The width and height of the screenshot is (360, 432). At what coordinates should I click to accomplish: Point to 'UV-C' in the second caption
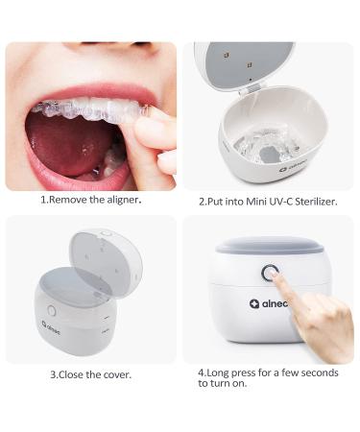tap(276, 203)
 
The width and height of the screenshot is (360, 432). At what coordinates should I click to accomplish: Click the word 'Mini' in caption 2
tap(250, 203)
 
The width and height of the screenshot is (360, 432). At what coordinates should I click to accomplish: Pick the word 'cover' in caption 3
tap(116, 374)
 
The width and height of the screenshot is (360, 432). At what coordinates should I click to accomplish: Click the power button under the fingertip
tap(270, 274)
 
